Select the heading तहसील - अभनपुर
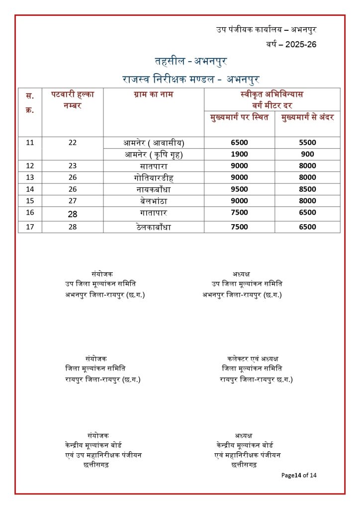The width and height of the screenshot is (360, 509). click(191, 62)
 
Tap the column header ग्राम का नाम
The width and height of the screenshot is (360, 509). click(153, 94)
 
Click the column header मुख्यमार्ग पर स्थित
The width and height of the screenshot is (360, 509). click(239, 117)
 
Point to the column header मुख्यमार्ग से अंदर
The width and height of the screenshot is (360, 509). click(307, 117)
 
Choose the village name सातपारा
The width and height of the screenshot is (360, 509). click(153, 166)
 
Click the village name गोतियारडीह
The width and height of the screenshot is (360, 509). click(153, 177)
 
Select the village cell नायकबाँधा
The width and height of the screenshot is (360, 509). click(153, 189)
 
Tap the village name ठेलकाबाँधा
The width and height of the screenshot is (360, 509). click(153, 227)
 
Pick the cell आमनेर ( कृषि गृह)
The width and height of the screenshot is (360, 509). click(153, 155)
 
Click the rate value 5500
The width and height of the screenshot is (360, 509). click(307, 143)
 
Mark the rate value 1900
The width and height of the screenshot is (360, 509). click(239, 155)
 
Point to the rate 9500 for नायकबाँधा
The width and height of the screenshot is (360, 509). click(239, 189)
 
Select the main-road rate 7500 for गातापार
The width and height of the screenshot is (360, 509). click(239, 213)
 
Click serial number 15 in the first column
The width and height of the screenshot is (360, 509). click(30, 201)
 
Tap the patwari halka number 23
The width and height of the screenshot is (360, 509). click(73, 166)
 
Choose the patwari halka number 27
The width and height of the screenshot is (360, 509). click(73, 201)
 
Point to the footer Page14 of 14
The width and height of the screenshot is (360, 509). click(299, 475)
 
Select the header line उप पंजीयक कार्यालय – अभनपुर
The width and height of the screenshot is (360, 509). click(266, 30)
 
